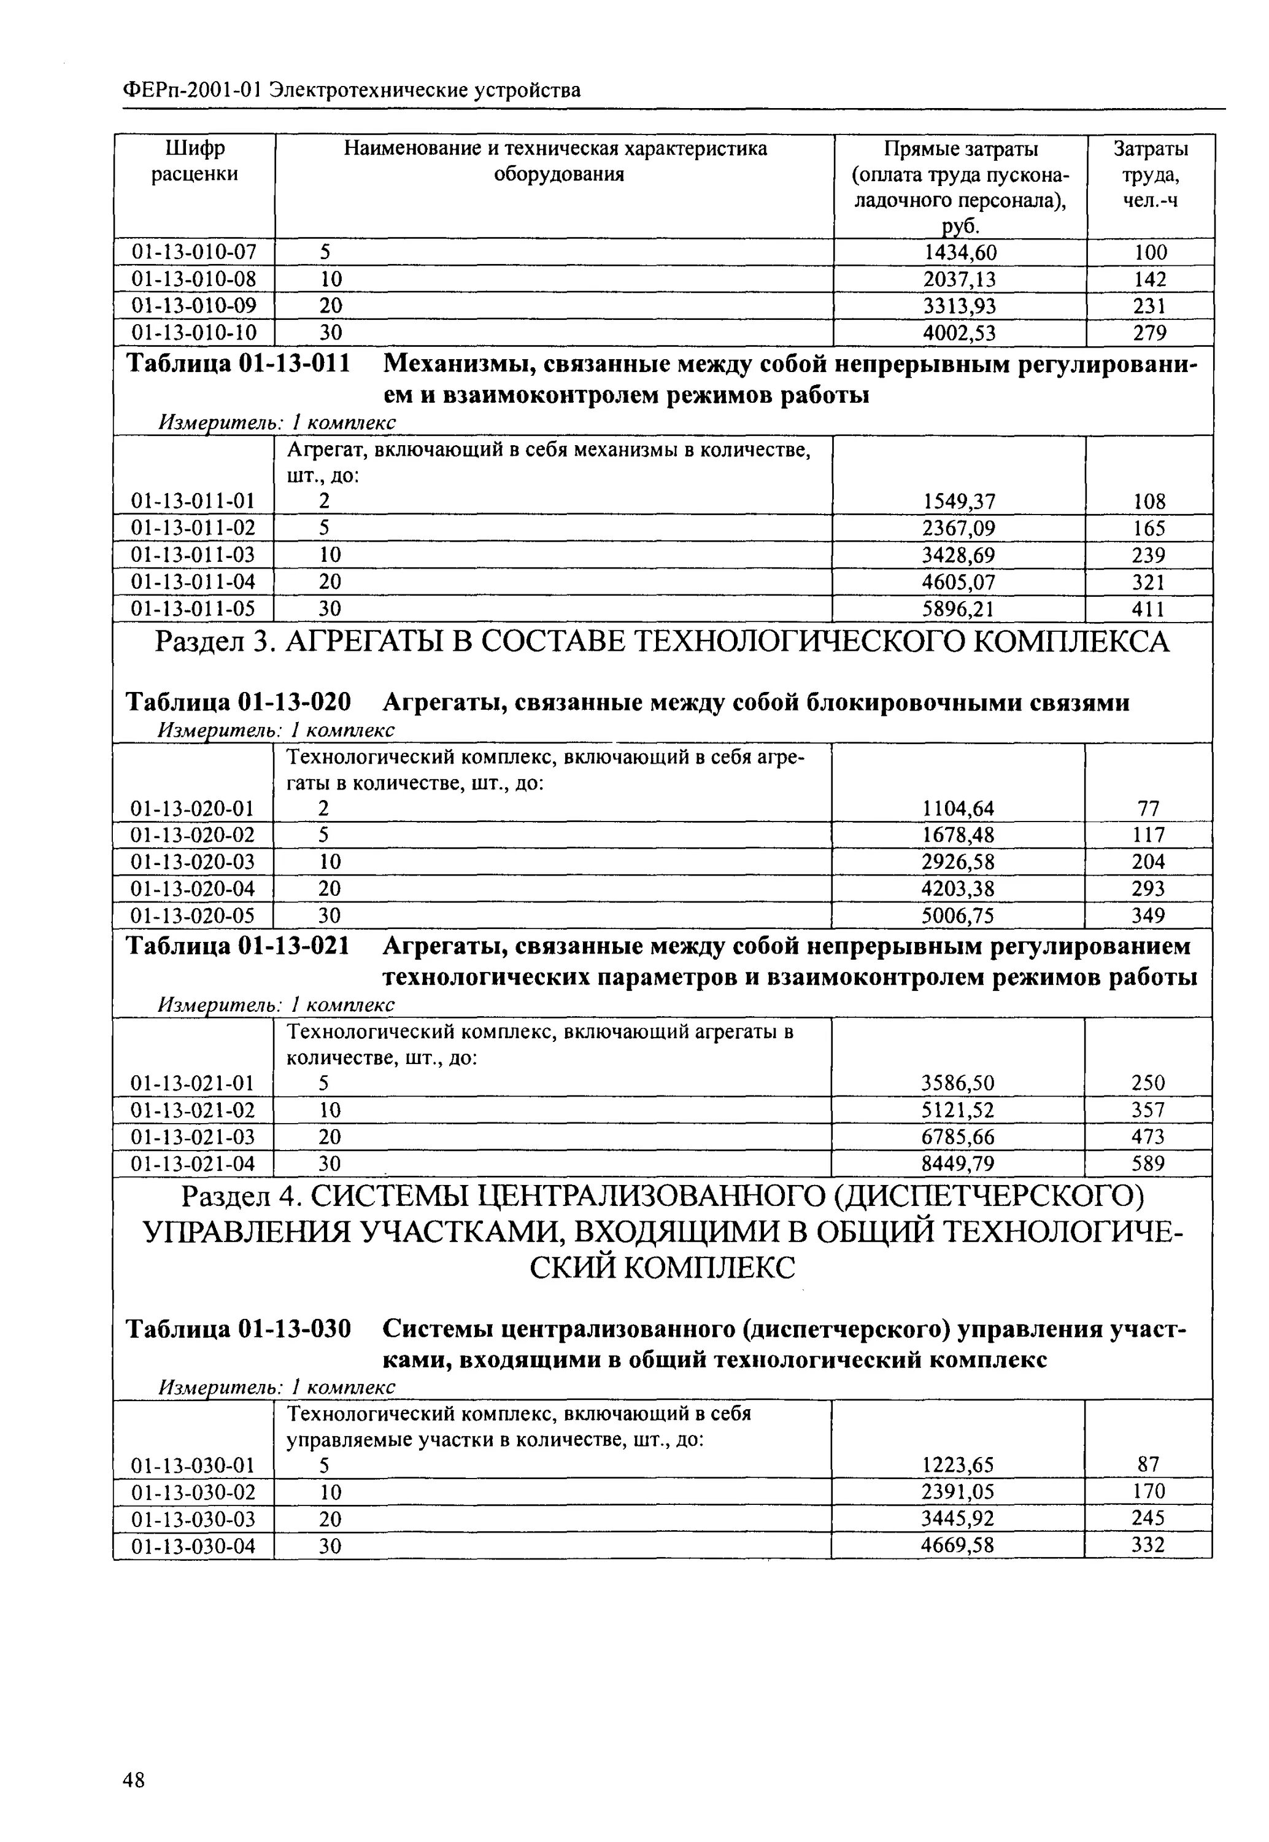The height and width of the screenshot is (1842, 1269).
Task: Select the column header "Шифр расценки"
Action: click(x=195, y=161)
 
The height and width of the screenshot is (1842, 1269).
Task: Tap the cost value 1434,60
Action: click(x=959, y=253)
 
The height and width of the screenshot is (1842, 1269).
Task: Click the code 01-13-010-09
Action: click(x=194, y=306)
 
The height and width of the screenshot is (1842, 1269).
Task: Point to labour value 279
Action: click(x=1150, y=332)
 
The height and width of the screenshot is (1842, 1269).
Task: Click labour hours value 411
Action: click(x=1149, y=609)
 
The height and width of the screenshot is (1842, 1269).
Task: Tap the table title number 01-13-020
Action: click(x=294, y=702)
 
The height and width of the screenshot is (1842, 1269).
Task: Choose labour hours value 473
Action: click(x=1149, y=1137)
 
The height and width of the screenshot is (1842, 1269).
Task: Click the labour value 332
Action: click(x=1149, y=1545)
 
